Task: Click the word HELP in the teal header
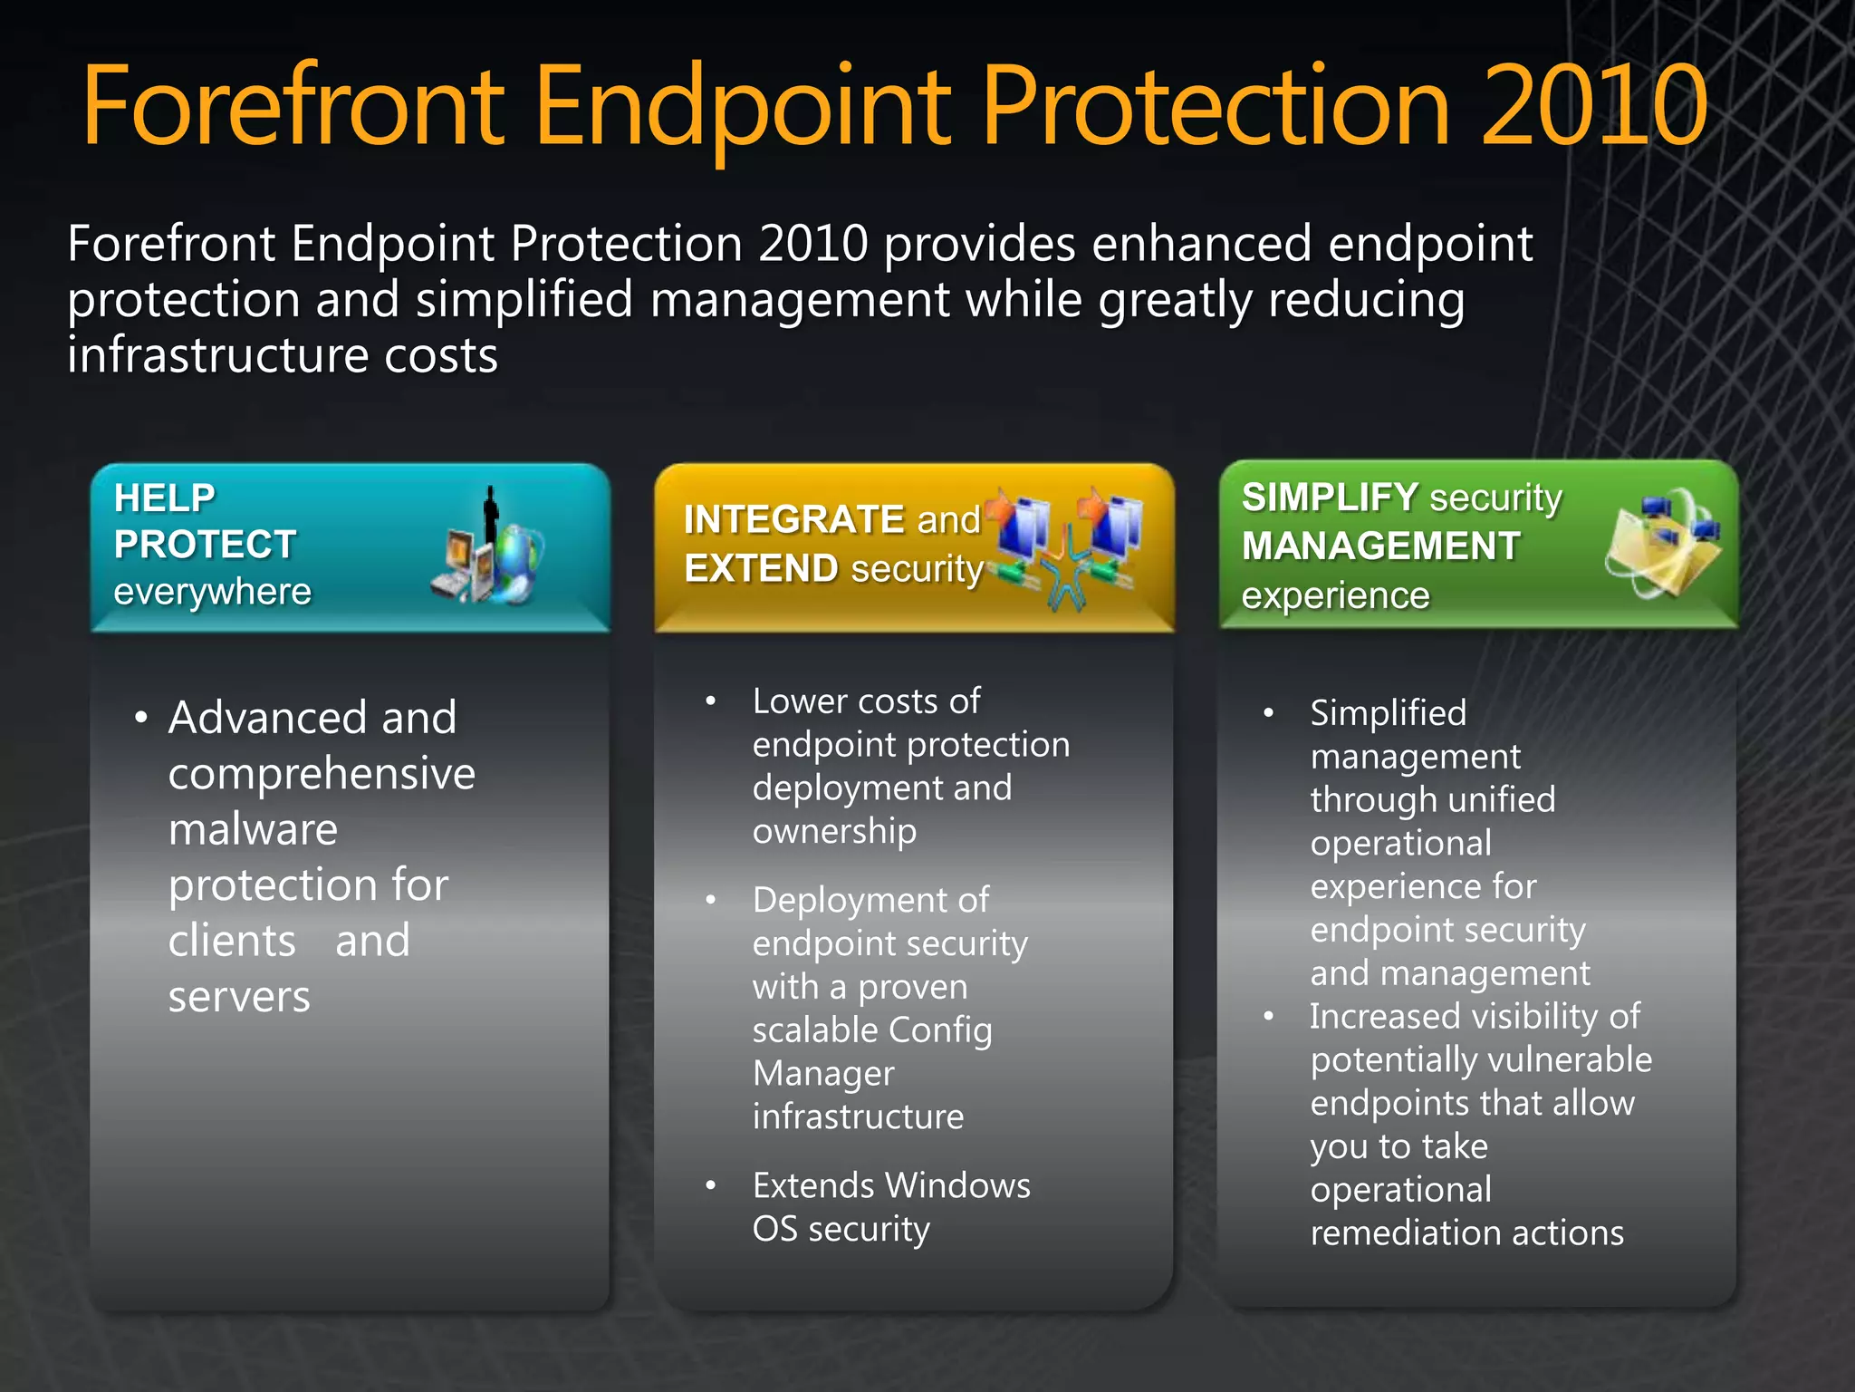[x=164, y=498]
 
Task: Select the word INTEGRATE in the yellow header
[x=793, y=519]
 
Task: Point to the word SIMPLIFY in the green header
[x=1329, y=497]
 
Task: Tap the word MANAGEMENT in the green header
[x=1380, y=546]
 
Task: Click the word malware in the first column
[x=253, y=829]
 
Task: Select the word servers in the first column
[x=239, y=997]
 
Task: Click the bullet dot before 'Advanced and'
[x=140, y=718]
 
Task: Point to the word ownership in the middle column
[x=834, y=831]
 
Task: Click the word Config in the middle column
[x=940, y=1030]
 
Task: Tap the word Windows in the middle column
[x=957, y=1185]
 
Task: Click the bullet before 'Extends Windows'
[x=711, y=1185]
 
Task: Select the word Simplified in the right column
[x=1388, y=713]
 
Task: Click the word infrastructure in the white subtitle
[x=217, y=355]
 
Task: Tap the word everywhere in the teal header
[x=212, y=592]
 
